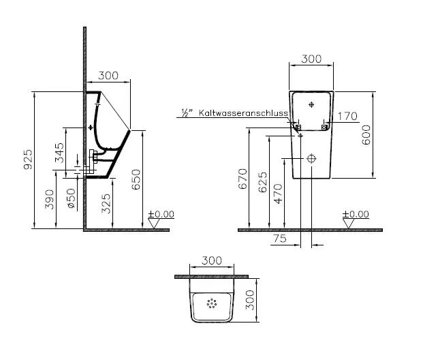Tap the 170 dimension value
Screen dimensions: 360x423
pos(347,116)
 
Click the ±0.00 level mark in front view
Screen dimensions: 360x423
pos(356,214)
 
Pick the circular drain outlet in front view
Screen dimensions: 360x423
pos(312,158)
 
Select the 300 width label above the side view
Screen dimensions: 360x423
pos(109,76)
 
